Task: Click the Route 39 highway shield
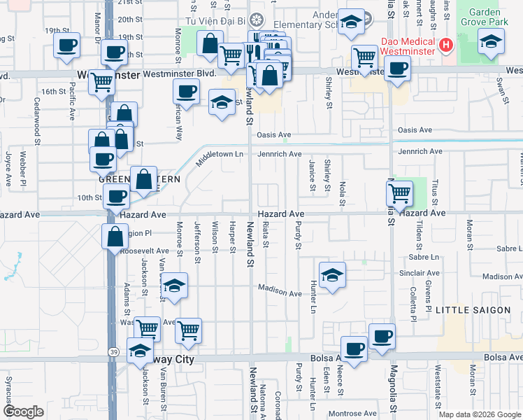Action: point(113,351)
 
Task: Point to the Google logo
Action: point(23,412)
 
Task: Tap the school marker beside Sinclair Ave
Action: point(333,274)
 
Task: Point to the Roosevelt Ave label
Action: point(145,251)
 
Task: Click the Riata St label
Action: point(266,234)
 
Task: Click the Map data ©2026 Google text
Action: point(480,414)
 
